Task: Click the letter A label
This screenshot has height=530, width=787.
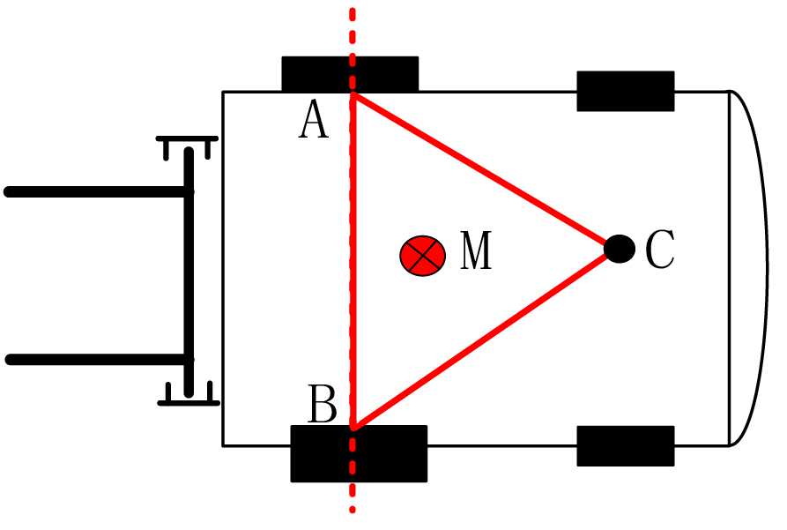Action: [314, 121]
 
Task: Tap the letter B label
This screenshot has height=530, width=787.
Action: [322, 407]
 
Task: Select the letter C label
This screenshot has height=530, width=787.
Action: [659, 250]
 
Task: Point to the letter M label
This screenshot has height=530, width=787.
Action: [476, 253]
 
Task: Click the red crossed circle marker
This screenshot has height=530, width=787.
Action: [422, 256]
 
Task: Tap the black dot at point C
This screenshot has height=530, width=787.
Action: [620, 249]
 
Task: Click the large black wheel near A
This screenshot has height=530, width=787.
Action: [350, 74]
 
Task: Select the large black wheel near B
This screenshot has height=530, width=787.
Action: [359, 453]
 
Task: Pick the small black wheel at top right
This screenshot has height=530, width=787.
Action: [625, 91]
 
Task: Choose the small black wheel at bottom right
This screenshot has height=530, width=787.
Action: [625, 445]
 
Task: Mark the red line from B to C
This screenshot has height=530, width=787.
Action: [485, 339]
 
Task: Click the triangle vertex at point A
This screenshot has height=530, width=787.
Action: [353, 94]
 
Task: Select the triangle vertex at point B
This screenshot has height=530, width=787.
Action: [353, 428]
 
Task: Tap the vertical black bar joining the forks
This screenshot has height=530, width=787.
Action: [189, 273]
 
